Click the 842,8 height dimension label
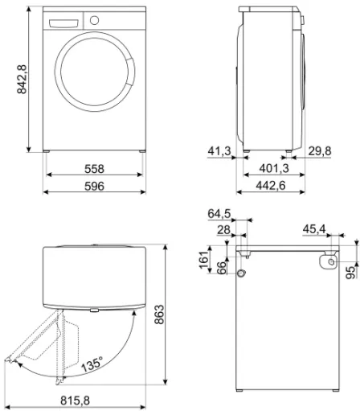[x=22, y=79]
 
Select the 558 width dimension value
[x=94, y=169]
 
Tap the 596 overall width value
[x=94, y=186]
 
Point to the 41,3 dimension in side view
[x=219, y=151]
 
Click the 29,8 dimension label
[x=320, y=151]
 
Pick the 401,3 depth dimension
[x=274, y=168]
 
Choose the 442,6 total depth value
[x=271, y=185]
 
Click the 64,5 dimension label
[x=219, y=214]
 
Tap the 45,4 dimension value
[x=314, y=229]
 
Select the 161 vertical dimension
[x=204, y=260]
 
